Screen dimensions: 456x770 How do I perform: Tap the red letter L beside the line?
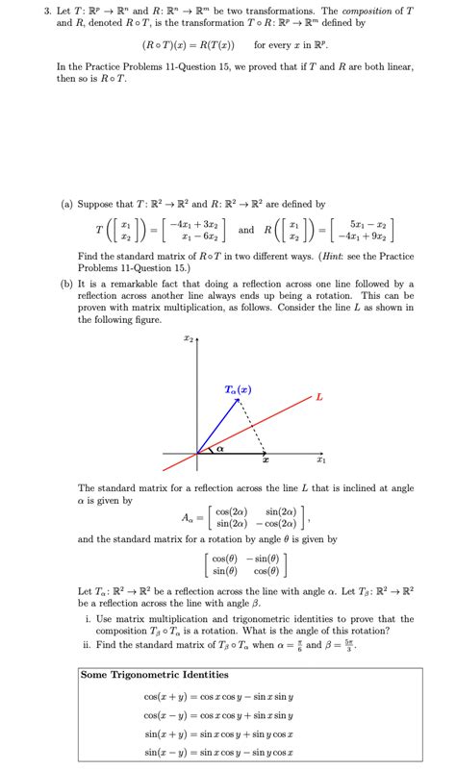coord(318,395)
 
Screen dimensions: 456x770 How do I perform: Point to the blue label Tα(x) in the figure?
coord(238,389)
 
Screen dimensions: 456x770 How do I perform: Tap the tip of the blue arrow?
coord(239,400)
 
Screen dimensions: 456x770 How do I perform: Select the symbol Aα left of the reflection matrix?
coord(194,520)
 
